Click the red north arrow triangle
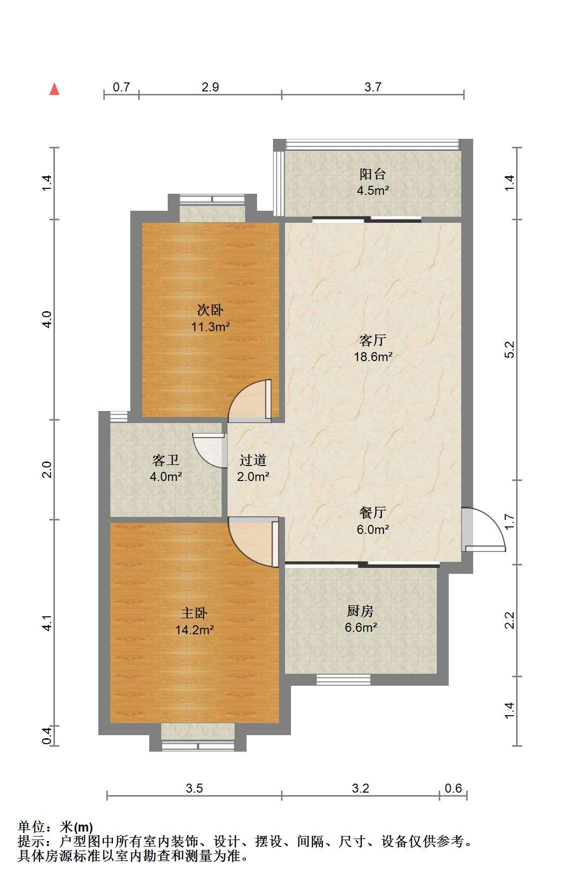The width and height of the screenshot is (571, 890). (54, 89)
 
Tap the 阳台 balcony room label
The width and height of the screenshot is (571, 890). (373, 174)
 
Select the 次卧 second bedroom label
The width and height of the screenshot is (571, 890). (210, 310)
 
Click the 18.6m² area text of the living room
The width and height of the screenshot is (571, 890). (373, 357)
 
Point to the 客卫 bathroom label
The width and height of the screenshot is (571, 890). (166, 459)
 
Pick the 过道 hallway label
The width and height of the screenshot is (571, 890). (253, 459)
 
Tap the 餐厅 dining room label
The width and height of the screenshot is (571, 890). (373, 512)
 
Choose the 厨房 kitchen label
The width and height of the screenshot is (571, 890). (360, 610)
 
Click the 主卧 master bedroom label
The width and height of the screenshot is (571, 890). (194, 613)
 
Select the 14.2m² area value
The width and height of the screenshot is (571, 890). (195, 630)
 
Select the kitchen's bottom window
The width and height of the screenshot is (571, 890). (343, 680)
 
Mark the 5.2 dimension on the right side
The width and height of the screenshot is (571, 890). (510, 350)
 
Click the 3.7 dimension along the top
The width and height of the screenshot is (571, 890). (373, 87)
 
